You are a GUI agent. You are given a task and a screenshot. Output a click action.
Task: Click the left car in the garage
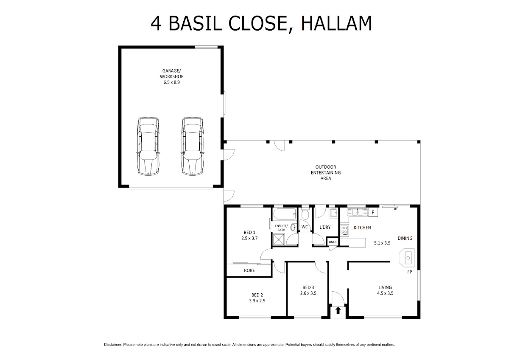[x=148, y=146]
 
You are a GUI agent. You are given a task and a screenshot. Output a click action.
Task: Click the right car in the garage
[x=192, y=146]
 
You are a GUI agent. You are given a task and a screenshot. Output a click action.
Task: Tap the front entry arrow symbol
[x=338, y=310]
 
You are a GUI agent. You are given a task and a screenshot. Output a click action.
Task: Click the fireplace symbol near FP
[x=407, y=258]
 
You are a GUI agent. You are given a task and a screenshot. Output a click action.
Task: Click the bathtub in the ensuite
[x=285, y=214]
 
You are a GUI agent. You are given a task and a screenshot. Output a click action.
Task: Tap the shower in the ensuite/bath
[x=279, y=239]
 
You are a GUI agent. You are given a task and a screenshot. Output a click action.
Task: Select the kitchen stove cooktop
[x=344, y=230]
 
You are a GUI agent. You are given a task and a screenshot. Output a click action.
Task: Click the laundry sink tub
[x=333, y=213]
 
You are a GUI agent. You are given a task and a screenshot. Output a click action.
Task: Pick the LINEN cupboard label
[x=333, y=242]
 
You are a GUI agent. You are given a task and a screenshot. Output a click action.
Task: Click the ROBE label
[x=249, y=270]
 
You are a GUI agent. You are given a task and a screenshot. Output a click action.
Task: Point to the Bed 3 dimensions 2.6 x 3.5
[x=308, y=293]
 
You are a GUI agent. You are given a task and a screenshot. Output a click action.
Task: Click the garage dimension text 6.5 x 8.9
[x=171, y=82]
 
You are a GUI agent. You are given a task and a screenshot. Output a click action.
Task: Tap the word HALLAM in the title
[x=336, y=23]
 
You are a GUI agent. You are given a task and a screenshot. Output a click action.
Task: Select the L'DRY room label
[x=325, y=227]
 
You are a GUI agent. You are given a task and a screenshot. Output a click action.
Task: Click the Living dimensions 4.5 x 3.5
[x=385, y=293]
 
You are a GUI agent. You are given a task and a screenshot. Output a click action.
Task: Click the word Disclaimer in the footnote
[x=113, y=345]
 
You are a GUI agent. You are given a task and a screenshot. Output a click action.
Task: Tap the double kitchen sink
[x=357, y=212]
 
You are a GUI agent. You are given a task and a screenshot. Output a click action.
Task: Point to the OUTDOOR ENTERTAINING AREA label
[x=326, y=173]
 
